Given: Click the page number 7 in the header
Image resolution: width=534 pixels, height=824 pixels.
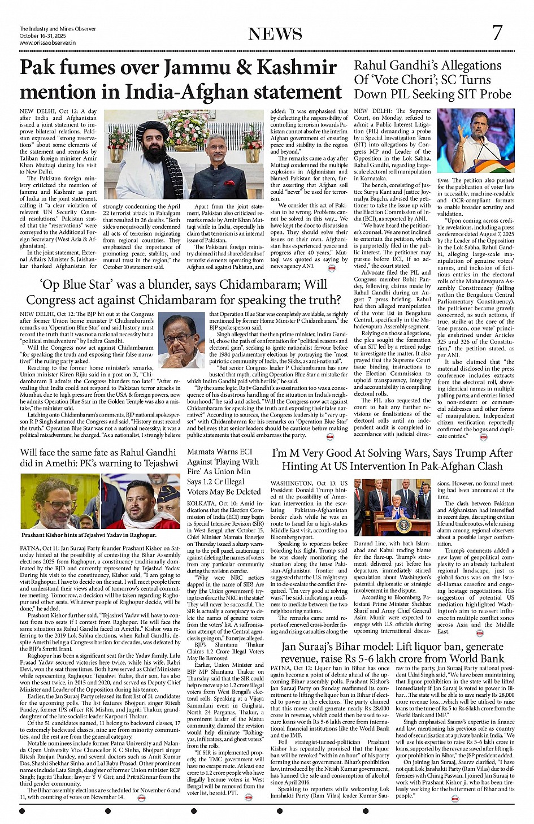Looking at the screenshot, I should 497,33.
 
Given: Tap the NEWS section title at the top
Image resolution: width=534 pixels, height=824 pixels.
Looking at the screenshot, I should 275,34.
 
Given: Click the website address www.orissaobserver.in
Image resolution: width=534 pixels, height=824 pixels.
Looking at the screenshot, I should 47,42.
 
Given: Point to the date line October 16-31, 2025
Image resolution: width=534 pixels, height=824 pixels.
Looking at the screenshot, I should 42,36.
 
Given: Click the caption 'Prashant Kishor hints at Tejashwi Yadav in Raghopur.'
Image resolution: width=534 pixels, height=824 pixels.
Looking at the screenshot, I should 89,535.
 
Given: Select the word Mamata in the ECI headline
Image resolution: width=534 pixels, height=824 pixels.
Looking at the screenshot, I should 201,452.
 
